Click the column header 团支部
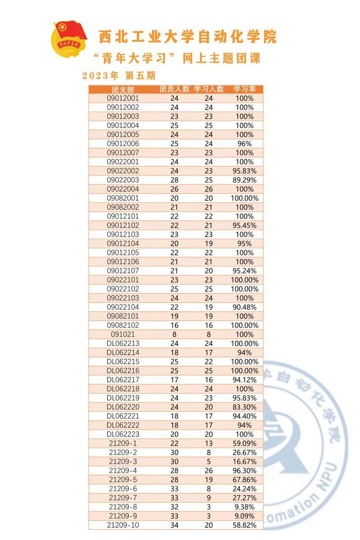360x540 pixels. [123, 89]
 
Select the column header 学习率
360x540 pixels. [244, 89]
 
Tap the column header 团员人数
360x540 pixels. [174, 89]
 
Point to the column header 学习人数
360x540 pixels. [209, 89]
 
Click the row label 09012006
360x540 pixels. [123, 143]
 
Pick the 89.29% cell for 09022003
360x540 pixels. [244, 180]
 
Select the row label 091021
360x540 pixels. [123, 334]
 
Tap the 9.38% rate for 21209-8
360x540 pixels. [244, 507]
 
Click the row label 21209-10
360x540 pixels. [123, 525]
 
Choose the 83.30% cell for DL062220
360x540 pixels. [244, 407]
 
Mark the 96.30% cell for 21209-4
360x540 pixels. [244, 470]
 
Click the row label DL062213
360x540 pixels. [123, 343]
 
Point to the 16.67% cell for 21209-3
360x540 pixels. [244, 462]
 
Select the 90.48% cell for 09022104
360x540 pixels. [244, 307]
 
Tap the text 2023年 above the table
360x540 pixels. [100, 76]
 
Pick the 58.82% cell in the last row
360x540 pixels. [244, 525]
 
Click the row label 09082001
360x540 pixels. [123, 198]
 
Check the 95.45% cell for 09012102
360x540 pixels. [244, 225]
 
